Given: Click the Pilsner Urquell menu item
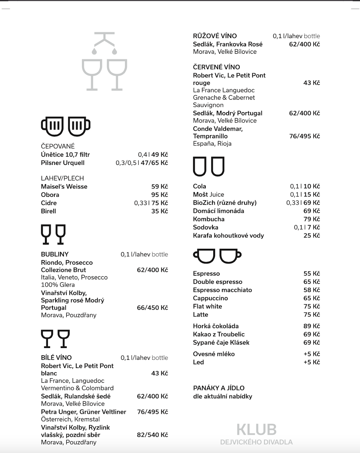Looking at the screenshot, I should point(63,163).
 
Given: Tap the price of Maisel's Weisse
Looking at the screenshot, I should point(159,186).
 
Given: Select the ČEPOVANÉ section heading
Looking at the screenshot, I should point(58,146).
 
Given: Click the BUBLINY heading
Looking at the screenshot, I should point(55,254).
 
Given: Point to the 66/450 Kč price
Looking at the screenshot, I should point(152,308).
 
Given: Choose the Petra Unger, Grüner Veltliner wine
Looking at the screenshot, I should point(83,412).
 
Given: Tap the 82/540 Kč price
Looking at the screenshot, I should point(152,435).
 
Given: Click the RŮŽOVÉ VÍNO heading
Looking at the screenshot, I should point(215,36).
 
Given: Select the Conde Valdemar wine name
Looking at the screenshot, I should point(218,133).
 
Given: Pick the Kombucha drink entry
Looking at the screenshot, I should point(209,219).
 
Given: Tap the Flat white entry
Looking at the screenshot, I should point(208,307).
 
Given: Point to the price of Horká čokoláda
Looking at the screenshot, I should point(312,326).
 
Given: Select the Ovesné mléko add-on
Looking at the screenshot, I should point(214,354).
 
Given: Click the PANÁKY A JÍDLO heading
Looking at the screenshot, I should point(218,388).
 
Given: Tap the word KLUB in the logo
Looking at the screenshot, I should point(256,430).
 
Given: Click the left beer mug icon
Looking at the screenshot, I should point(52,126).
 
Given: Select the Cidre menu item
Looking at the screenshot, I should point(49,203).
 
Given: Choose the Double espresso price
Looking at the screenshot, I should point(312,282).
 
